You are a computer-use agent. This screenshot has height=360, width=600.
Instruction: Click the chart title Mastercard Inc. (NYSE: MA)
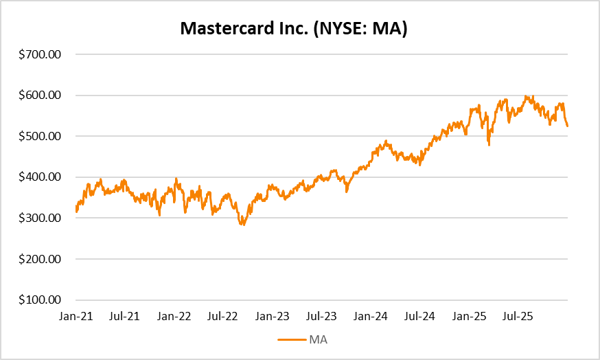click(293, 28)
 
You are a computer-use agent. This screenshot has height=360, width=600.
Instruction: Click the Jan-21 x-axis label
click(76, 317)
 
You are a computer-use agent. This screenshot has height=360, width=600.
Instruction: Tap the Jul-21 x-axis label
click(124, 317)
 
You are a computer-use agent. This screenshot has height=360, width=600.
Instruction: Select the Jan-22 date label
click(174, 317)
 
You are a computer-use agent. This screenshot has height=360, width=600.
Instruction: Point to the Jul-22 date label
click(222, 317)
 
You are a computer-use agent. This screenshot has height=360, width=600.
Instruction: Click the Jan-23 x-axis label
click(273, 317)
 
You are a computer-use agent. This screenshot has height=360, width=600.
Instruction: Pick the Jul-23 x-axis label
click(321, 317)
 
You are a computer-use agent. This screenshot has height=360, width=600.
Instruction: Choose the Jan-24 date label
click(371, 317)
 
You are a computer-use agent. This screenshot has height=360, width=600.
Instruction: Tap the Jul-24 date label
click(420, 317)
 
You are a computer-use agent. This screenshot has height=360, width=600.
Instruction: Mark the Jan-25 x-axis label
click(470, 317)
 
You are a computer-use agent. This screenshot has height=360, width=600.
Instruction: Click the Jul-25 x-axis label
click(519, 317)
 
